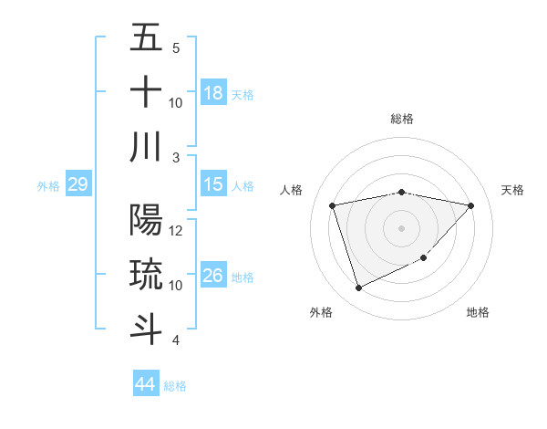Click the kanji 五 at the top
point(146,38)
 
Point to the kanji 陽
point(146,221)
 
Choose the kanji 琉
point(146,275)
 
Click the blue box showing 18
point(213,93)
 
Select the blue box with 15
point(213,185)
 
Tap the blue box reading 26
point(213,276)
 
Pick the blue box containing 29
point(77,185)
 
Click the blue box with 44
point(145,384)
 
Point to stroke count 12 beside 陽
point(177,231)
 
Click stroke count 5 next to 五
point(176,48)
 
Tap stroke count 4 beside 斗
point(176,340)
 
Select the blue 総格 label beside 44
point(175,386)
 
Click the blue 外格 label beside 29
point(48,186)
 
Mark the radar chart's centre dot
point(401,227)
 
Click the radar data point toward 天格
point(470,205)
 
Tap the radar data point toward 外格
point(358,288)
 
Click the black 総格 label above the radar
point(401,119)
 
